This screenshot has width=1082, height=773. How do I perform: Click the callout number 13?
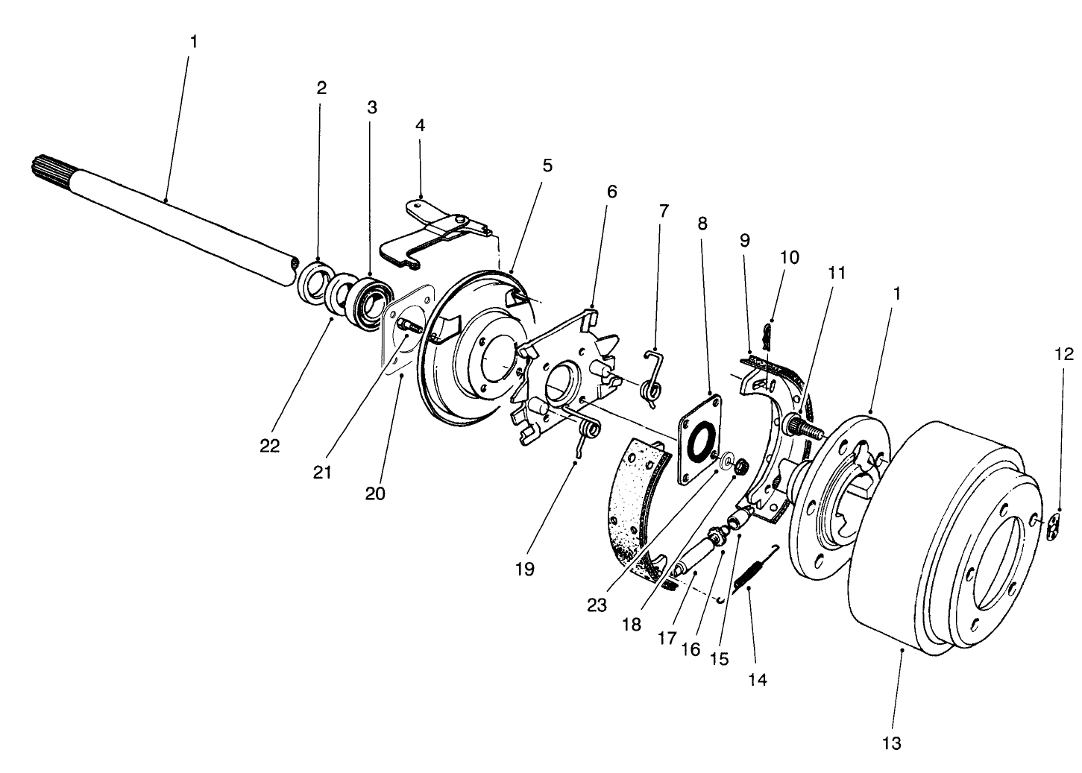[891, 742]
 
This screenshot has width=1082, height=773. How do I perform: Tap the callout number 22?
[270, 446]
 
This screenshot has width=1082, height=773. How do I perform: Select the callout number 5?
[547, 165]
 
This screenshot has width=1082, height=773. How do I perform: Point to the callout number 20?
[375, 493]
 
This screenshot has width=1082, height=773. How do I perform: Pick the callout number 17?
[666, 639]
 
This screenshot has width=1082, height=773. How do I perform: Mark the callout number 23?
[597, 605]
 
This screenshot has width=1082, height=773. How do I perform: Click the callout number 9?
[745, 240]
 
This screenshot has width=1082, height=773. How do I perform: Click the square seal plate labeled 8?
[699, 440]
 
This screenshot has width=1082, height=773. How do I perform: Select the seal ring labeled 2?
[312, 283]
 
